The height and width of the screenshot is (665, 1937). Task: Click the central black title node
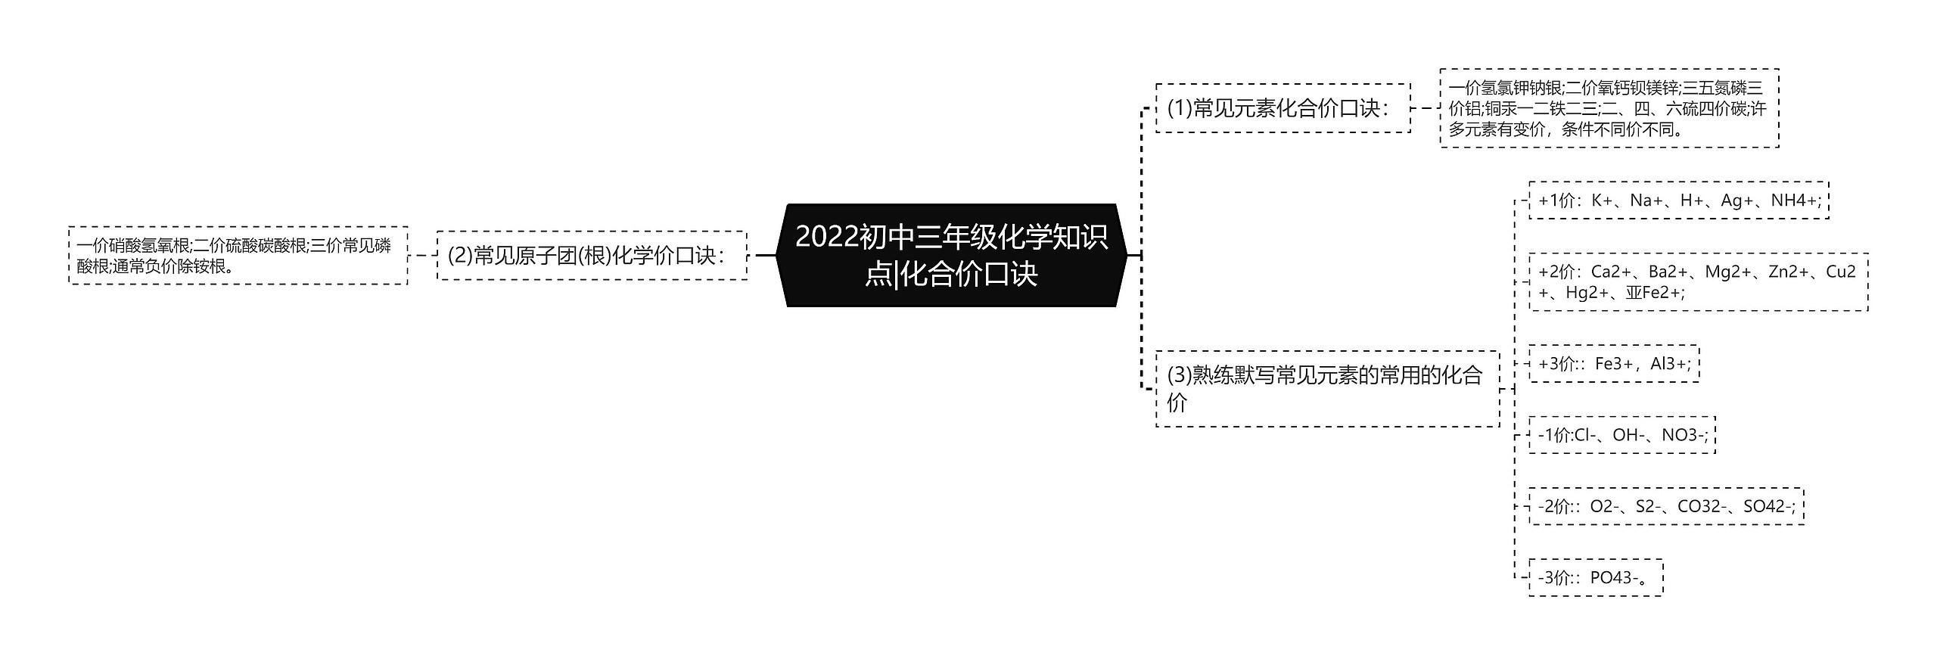[x=951, y=256]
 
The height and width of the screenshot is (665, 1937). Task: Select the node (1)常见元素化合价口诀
[x=1283, y=108]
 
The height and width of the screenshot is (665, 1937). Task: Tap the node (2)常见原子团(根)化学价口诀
[x=591, y=256]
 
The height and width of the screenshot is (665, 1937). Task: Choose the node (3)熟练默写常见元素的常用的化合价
[x=1326, y=388]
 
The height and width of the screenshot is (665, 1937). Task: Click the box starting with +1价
[x=1678, y=200]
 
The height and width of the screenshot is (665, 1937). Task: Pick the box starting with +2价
[x=1697, y=281]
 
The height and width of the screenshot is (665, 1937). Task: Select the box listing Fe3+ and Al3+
[x=1613, y=364]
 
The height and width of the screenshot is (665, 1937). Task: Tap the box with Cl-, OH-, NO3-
[x=1621, y=435]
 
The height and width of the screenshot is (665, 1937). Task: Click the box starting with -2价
[x=1665, y=506]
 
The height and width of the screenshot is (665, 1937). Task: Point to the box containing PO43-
[x=1595, y=578]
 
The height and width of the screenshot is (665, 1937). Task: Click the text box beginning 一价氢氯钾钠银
[x=1609, y=108]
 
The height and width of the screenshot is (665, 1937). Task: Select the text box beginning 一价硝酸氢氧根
[x=238, y=256]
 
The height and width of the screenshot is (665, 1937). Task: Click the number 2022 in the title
[x=827, y=238]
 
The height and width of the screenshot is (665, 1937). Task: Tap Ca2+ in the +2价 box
[x=1612, y=272]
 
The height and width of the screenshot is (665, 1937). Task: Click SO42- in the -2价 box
[x=1768, y=506]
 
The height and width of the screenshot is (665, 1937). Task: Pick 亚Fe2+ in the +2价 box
[x=1655, y=292]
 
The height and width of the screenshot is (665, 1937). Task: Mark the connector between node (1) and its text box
[x=1425, y=108]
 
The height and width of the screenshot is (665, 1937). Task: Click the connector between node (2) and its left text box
[x=422, y=256]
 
